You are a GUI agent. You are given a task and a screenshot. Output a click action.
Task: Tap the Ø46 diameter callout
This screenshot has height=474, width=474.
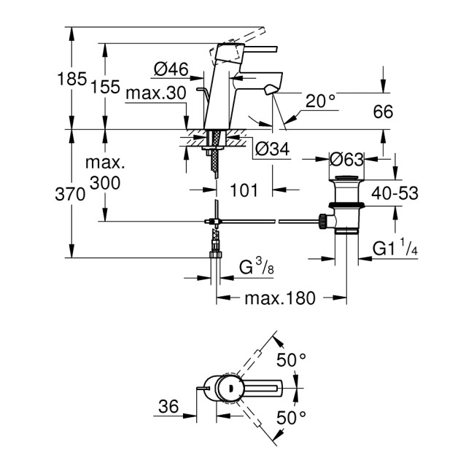coord(171,70)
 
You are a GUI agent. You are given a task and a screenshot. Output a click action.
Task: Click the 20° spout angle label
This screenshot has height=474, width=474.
coord(320,102)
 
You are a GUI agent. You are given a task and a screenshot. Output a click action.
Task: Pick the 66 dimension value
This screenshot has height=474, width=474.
coord(383,112)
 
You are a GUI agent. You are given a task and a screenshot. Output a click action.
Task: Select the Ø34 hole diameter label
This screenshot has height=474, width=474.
coord(272,149)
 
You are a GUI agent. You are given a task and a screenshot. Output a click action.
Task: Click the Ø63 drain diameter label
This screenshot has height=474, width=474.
coord(347,158)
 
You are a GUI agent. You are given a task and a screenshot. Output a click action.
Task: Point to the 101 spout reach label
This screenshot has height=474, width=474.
coord(244,190)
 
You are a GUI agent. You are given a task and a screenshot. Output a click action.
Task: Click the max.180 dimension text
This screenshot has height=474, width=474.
coord(279,298)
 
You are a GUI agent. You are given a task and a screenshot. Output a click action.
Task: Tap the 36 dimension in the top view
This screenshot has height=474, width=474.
coord(168,408)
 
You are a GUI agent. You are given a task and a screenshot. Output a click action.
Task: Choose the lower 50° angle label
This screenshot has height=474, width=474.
coord(292,418)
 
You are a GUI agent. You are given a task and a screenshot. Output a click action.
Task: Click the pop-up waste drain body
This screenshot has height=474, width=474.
coord(346,208)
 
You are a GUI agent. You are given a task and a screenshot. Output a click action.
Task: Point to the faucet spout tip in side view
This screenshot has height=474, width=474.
coord(271,90)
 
